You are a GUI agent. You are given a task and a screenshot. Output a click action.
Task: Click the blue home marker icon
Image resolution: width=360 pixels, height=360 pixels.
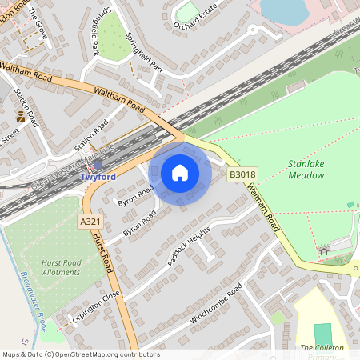pos(180,173)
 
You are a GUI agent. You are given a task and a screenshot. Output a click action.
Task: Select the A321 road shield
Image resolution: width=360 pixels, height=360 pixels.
pos(90,221)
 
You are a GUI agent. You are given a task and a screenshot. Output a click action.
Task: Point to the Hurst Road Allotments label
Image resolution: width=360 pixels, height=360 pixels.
pos(60,266)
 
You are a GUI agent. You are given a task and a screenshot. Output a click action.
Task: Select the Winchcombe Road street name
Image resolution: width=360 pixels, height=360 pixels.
pos(216,307)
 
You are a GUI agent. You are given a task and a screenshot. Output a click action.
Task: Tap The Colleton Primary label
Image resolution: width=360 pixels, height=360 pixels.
pos(322,348)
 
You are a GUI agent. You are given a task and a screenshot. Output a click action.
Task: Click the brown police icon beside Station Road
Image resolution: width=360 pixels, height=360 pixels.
pos(21,117)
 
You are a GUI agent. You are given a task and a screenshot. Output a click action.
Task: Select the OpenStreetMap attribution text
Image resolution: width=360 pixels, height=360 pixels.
pos(80,354)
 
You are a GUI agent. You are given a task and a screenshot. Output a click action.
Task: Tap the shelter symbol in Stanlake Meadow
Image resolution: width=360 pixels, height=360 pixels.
pos(324,251)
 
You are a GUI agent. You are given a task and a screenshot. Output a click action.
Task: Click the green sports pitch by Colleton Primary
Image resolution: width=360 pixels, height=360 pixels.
pos(322,334)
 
